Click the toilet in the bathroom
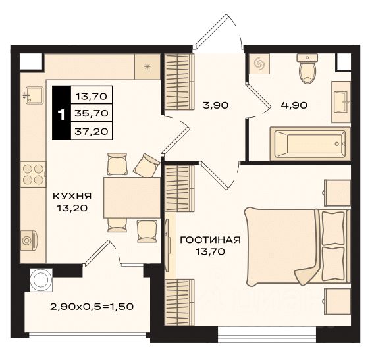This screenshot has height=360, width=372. [307, 70]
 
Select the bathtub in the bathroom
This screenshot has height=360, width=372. [307, 141]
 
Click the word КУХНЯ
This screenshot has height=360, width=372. [73, 195]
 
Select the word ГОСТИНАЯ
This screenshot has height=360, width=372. [210, 240]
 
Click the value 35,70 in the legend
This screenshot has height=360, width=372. [92, 113]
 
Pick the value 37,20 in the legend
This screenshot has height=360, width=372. [92, 131]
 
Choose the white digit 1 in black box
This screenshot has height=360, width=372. [61, 114]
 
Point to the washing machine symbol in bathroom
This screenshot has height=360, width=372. [259, 64]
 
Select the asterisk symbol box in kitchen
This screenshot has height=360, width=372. [147, 67]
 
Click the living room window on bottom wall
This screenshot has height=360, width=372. [267, 338]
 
